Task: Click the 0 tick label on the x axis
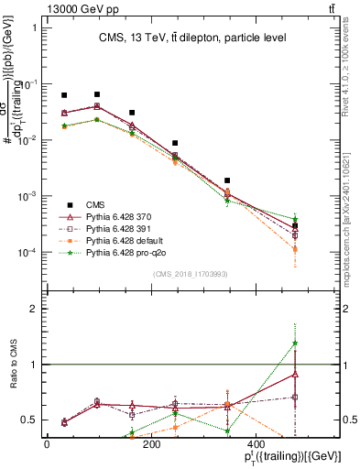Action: pos(47,444)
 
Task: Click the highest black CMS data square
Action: pos(97,94)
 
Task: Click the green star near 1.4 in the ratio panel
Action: pos(295,344)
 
